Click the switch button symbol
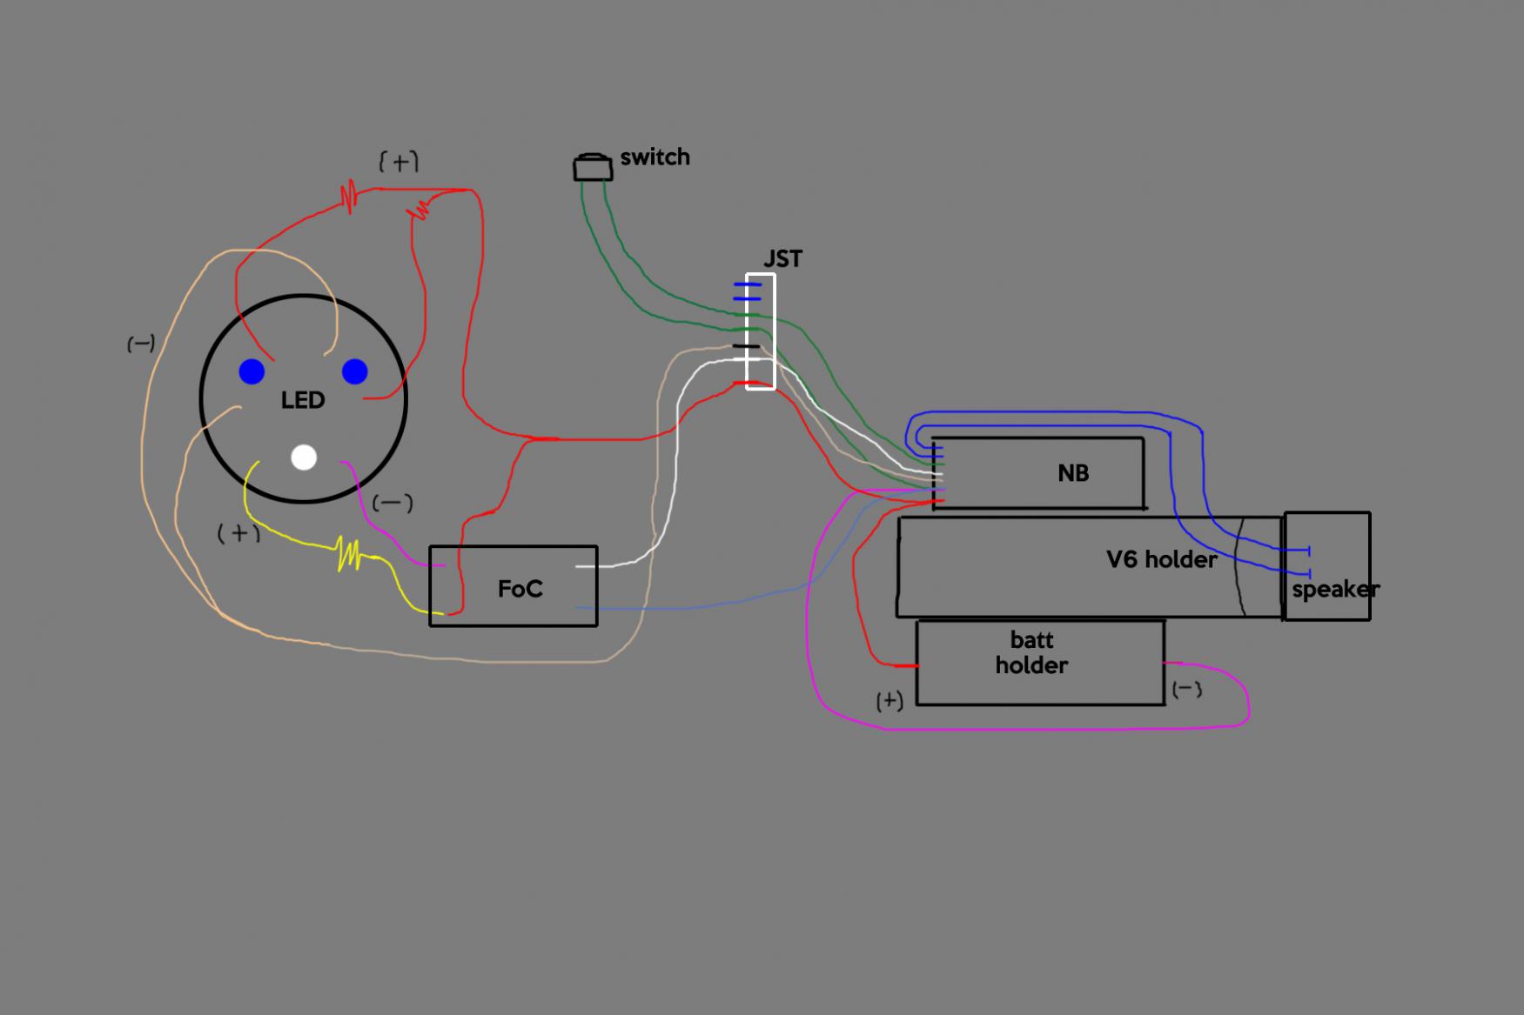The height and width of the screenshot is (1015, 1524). click(593, 168)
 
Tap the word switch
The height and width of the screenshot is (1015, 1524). click(655, 157)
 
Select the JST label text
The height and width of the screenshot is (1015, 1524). click(782, 259)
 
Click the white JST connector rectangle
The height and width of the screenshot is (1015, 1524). click(761, 331)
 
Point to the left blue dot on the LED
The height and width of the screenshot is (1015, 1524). click(252, 372)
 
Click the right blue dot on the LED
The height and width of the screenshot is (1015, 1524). click(354, 372)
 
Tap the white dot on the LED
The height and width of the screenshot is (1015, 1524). click(304, 457)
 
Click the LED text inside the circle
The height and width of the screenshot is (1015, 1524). click(303, 400)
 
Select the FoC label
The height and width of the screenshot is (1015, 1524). click(520, 590)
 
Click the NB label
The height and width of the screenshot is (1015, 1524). click(1073, 473)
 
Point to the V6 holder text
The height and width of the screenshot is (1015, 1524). click(1161, 559)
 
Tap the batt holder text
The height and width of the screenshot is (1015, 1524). click(1031, 653)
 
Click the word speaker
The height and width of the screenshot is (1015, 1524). click(1335, 590)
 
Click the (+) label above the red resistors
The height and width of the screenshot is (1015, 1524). click(399, 162)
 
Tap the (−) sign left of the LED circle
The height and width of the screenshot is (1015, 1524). click(141, 344)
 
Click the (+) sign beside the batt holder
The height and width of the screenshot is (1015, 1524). click(890, 701)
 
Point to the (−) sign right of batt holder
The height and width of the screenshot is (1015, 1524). click(1187, 690)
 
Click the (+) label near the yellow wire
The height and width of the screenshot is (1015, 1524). click(238, 532)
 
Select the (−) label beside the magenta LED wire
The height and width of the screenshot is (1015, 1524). click(393, 504)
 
